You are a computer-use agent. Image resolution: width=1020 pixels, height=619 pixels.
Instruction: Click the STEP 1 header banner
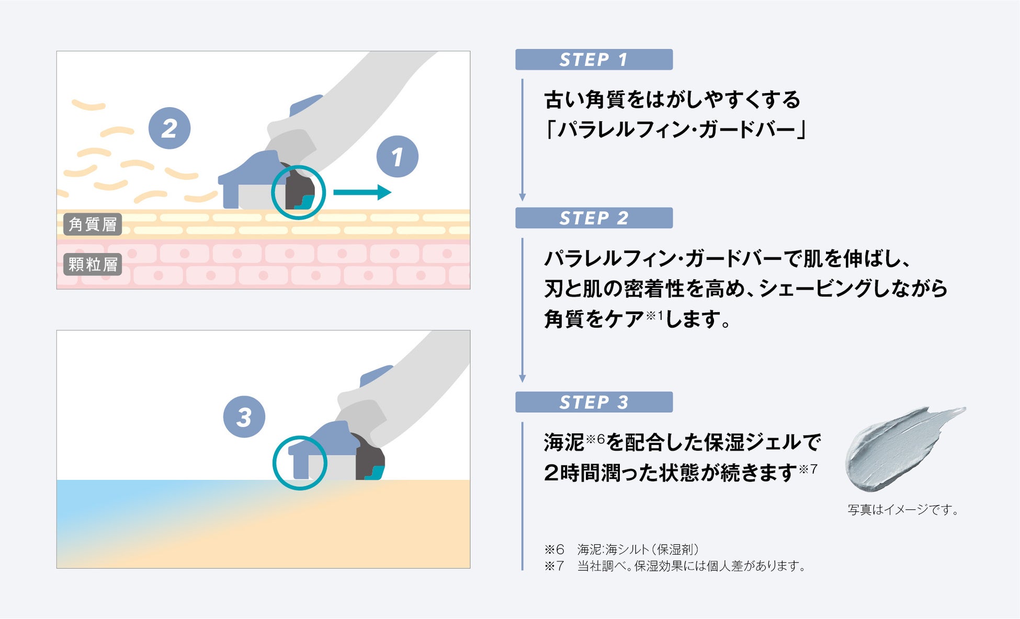[594, 60]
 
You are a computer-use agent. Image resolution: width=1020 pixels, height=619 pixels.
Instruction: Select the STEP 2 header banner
[594, 218]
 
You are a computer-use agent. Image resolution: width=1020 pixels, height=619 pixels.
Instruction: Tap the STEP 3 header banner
[594, 402]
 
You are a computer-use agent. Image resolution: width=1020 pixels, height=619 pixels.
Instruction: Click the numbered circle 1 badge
[398, 156]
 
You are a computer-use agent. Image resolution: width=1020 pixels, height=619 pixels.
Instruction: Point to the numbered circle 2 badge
[169, 128]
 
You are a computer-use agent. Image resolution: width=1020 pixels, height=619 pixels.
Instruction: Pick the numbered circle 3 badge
[244, 417]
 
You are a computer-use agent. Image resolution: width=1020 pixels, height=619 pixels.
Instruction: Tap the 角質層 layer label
[93, 224]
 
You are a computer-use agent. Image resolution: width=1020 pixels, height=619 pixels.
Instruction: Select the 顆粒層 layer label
[93, 265]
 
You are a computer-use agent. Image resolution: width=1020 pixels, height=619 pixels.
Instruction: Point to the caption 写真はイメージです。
[903, 510]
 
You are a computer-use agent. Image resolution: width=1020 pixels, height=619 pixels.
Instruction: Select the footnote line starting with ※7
[675, 566]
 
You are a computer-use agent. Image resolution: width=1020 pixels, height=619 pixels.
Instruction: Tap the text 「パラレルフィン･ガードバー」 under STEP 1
[675, 129]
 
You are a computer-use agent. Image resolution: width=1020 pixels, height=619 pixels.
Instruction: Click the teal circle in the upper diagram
[299, 192]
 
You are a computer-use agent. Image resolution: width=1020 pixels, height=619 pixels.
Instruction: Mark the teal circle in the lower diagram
[300, 463]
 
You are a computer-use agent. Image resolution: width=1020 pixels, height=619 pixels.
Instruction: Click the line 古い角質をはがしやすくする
[672, 99]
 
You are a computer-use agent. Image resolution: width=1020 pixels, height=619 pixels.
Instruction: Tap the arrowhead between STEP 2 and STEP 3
[522, 378]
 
